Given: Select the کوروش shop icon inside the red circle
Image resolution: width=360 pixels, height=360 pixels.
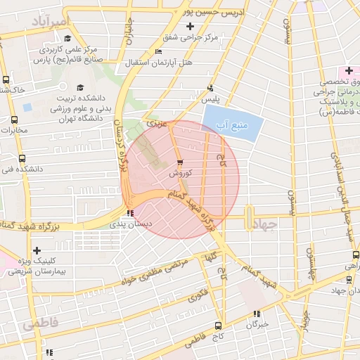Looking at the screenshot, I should point(180,162).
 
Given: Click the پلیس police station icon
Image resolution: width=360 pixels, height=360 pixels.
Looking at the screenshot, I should point(210,89).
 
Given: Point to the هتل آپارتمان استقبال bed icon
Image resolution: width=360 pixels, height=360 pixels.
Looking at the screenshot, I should point(158,52).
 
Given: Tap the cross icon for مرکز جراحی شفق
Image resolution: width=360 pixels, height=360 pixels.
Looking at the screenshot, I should point(189,26).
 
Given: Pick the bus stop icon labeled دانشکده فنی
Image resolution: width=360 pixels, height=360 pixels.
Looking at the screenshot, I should point(22,158).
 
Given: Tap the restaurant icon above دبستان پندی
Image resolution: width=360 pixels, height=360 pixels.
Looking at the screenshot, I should point(129,214).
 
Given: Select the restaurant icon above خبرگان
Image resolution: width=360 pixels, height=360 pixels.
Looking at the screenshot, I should point(257,314).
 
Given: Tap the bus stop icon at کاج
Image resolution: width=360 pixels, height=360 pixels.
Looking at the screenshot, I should point(218,326).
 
